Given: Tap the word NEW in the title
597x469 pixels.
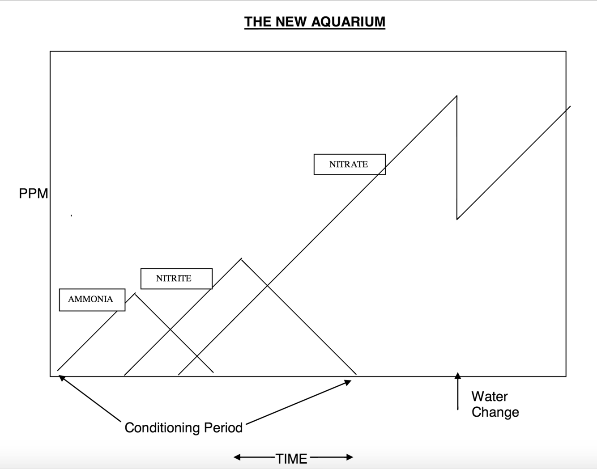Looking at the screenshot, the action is pos(293,21).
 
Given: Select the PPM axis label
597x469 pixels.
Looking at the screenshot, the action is pos(33,194).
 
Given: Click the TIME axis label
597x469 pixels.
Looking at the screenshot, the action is pos(291,459).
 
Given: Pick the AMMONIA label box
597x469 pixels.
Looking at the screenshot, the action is pos(92,300).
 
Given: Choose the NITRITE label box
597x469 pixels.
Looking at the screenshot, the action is pos(176,279).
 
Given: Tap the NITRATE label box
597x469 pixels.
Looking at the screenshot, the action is pos(349,164).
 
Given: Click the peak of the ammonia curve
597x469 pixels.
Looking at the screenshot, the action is pos(135,294).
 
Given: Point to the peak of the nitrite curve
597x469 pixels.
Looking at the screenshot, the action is pos(241,259).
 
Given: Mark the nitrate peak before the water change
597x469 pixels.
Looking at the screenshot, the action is pos(456,96).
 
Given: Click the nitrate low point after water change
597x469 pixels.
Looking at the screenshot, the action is pos(457,219).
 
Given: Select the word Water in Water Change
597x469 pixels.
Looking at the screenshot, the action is pos(489,397).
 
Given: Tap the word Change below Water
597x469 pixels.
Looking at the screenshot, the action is pos(495,412).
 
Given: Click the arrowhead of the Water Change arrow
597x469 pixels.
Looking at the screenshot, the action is pos(457,376).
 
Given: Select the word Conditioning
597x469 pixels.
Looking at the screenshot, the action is pos(162,428).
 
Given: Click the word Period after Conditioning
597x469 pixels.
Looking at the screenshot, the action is pos(223,428).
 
